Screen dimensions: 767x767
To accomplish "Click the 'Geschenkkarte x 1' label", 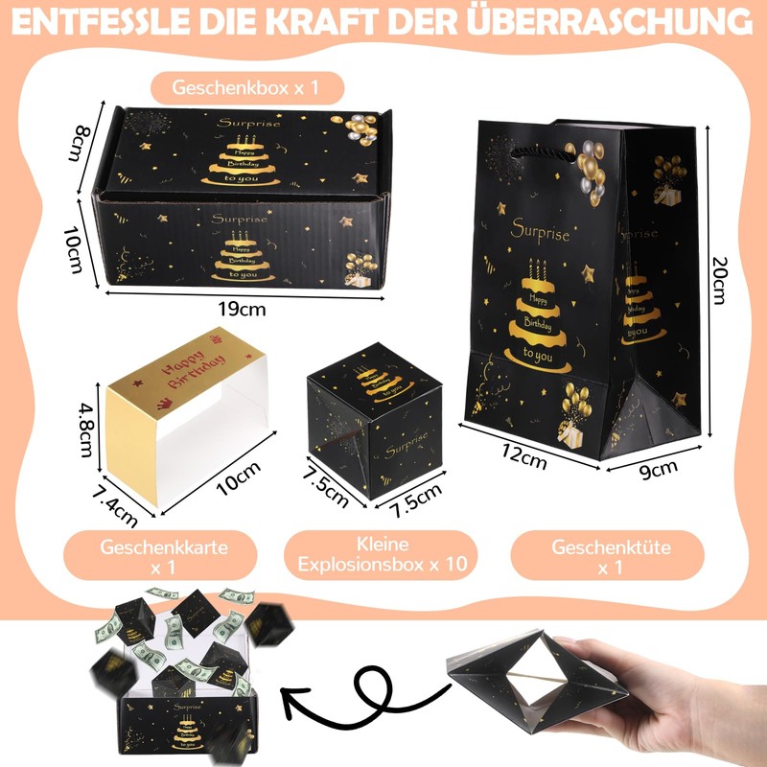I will point(162,557).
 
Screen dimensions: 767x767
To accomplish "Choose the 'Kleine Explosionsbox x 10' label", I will point(383,555).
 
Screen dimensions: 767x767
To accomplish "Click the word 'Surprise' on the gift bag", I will point(541,233).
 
